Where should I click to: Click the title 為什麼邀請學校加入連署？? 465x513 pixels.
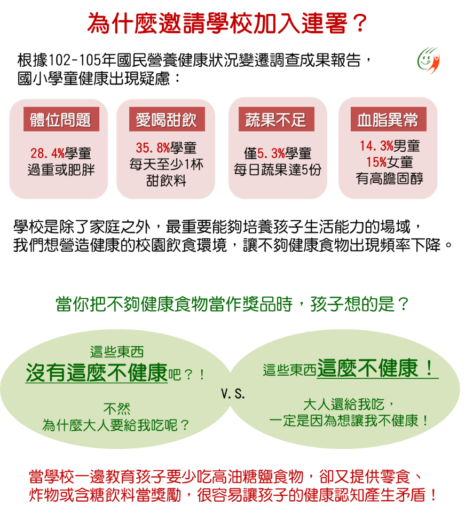point(227,24)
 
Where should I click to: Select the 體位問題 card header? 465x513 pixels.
point(61,120)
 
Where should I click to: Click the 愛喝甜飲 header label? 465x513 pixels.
point(166,120)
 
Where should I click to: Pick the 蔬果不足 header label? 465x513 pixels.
point(276,120)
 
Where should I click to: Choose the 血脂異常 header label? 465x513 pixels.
point(388,120)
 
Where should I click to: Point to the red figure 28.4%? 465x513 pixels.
point(47,154)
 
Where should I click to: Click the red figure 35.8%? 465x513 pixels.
point(153,148)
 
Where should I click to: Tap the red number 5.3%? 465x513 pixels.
point(271,154)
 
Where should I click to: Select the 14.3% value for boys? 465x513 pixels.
point(376,146)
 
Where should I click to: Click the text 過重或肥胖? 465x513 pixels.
point(61,171)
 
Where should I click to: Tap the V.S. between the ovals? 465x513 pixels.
point(232,394)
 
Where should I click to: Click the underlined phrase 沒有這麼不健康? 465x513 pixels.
point(97,374)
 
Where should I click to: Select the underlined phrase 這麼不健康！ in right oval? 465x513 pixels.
point(377,368)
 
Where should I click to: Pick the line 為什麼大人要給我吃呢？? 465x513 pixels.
point(116,426)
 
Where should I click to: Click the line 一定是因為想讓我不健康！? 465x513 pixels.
point(350,421)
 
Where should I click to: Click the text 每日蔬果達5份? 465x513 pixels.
point(278,170)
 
